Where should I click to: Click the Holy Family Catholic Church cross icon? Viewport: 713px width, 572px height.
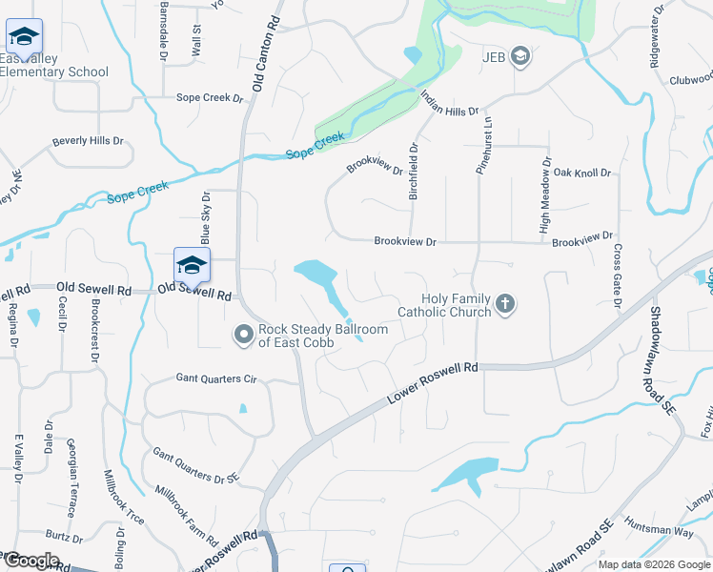(x=505, y=305)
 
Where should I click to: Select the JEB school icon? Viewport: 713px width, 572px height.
(x=519, y=57)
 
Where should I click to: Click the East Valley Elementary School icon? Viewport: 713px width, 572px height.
(x=24, y=36)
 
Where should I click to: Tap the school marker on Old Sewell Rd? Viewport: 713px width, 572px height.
(x=192, y=265)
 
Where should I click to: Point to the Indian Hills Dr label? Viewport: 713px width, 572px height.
(x=449, y=112)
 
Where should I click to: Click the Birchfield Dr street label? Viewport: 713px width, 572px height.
(x=415, y=173)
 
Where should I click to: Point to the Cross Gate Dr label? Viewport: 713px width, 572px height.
(x=618, y=276)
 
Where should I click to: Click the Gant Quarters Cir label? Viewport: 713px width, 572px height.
(x=216, y=378)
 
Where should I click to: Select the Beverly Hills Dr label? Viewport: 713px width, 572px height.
(x=88, y=141)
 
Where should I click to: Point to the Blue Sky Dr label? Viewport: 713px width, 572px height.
(x=204, y=218)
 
